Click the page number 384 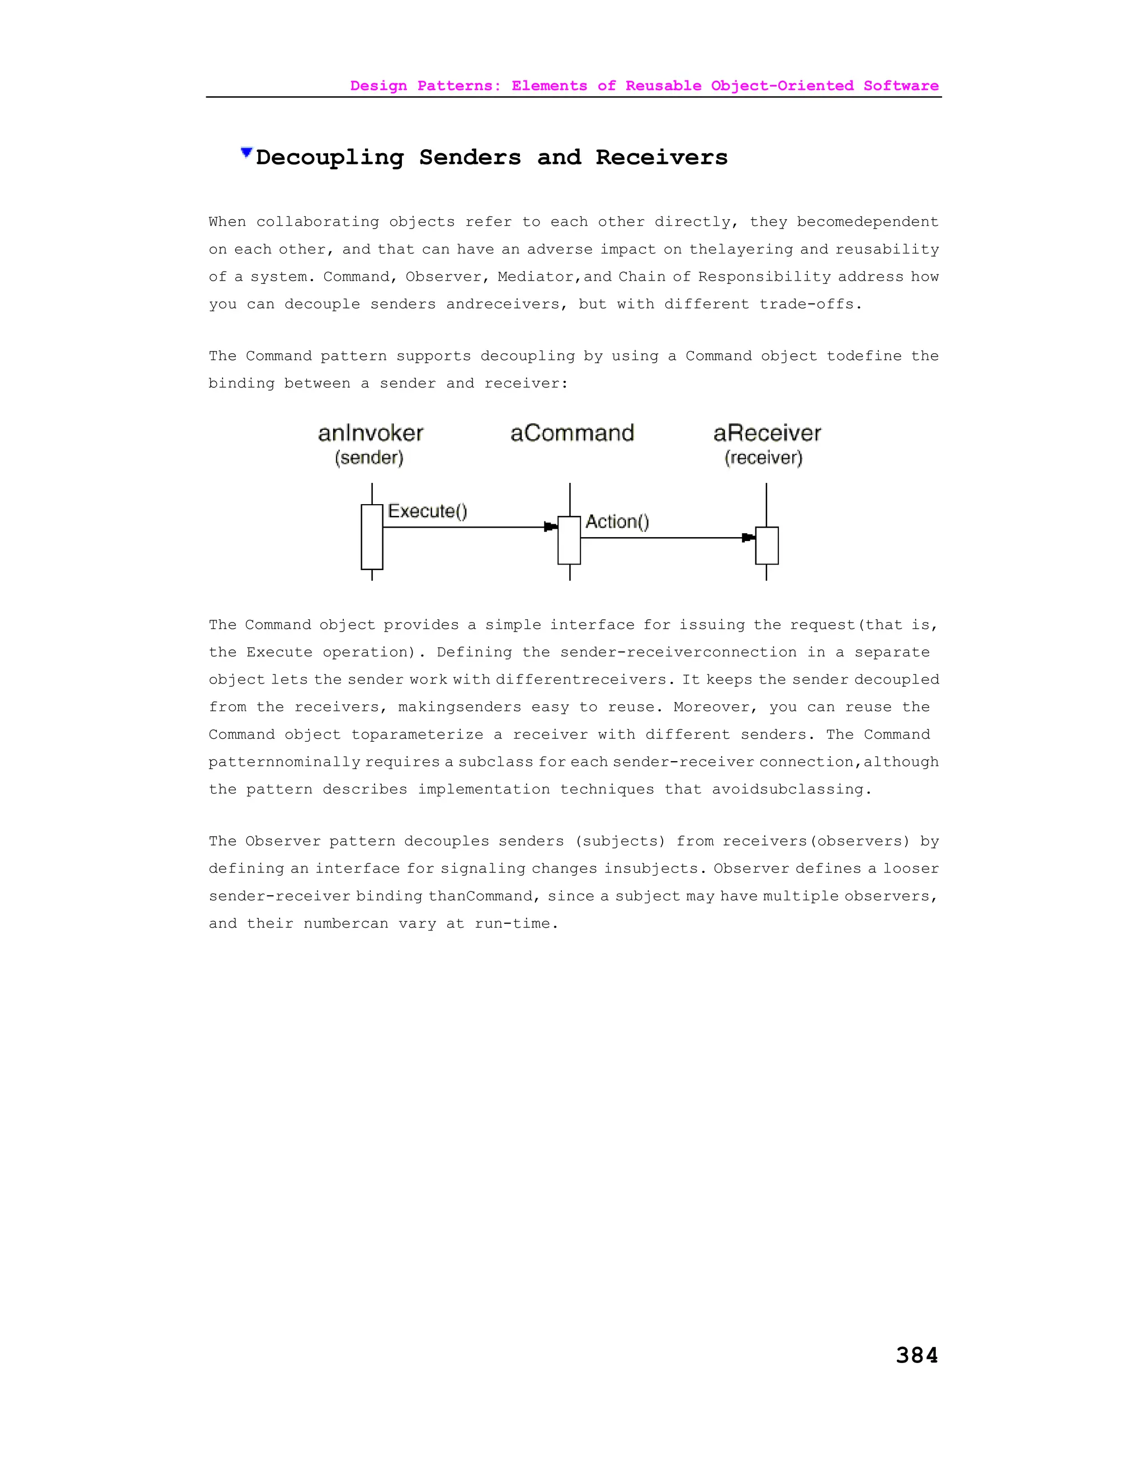(x=916, y=1355)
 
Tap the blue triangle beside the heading (x=246, y=153)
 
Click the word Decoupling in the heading (x=330, y=158)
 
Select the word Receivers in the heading (x=661, y=158)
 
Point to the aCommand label (x=572, y=433)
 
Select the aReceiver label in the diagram (x=767, y=433)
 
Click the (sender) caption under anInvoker (x=369, y=458)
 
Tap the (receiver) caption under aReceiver (x=763, y=458)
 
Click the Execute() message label (x=427, y=511)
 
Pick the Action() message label (x=617, y=521)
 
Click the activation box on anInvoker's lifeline (x=372, y=537)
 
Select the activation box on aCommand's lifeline (x=569, y=540)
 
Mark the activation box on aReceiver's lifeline (x=767, y=545)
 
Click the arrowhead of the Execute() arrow (x=550, y=527)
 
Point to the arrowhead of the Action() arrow (x=748, y=538)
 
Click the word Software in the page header (x=901, y=86)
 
